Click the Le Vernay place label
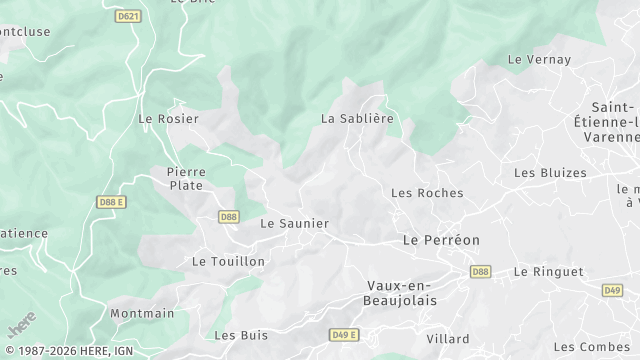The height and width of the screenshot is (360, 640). click(x=539, y=60)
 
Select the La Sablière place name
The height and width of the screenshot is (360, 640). click(x=357, y=118)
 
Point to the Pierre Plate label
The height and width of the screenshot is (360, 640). click(x=186, y=178)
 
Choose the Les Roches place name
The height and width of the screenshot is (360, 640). click(x=420, y=192)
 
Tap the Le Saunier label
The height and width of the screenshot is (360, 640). click(x=294, y=223)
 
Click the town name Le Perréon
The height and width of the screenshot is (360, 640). click(x=441, y=240)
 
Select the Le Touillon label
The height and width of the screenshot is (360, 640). click(x=228, y=261)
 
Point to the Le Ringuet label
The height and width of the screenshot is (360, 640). click(x=548, y=271)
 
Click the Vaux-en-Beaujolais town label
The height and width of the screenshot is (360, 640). click(x=402, y=292)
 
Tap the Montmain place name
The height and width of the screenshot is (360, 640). click(x=142, y=313)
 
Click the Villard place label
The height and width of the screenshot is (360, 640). click(x=447, y=339)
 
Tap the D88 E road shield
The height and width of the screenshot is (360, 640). click(x=112, y=201)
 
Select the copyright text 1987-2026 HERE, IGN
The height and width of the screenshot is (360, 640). click(x=68, y=352)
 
